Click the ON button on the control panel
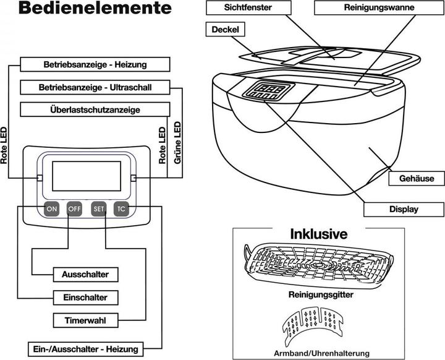[x=52, y=209]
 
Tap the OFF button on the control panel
[x=75, y=209]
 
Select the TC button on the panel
[x=122, y=209]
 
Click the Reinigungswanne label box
[x=378, y=7]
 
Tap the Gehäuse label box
[x=417, y=179]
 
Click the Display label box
[x=403, y=209]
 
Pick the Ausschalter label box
[x=90, y=273]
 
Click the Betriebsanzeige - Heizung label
[x=94, y=64]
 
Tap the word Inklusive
[x=318, y=234]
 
